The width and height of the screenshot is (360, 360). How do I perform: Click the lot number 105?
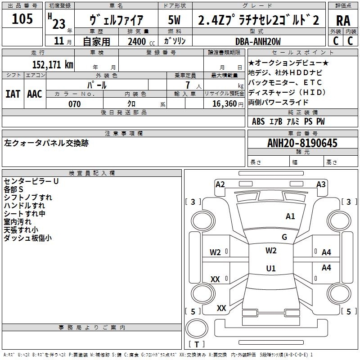tap(22, 19)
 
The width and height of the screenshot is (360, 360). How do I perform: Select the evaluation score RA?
tap(343, 21)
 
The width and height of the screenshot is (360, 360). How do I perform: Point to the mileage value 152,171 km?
tap(53, 65)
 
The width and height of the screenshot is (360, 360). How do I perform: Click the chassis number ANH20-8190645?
tap(302, 143)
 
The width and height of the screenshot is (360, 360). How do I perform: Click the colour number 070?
tap(74, 104)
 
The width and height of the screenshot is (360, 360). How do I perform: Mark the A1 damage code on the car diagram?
tap(291, 216)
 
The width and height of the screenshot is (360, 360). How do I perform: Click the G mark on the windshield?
tap(284, 237)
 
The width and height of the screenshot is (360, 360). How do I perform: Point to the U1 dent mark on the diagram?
tap(271, 269)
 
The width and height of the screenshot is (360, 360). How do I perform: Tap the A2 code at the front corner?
tap(220, 184)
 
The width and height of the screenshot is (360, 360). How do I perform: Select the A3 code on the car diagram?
tap(321, 184)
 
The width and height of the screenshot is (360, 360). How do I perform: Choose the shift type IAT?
tap(13, 94)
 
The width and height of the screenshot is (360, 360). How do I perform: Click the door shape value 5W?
tap(175, 20)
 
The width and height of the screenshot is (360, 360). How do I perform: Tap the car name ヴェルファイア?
tap(117, 20)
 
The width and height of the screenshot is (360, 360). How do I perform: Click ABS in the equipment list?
tap(258, 121)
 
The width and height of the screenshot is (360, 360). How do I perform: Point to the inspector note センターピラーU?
tap(31, 181)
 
